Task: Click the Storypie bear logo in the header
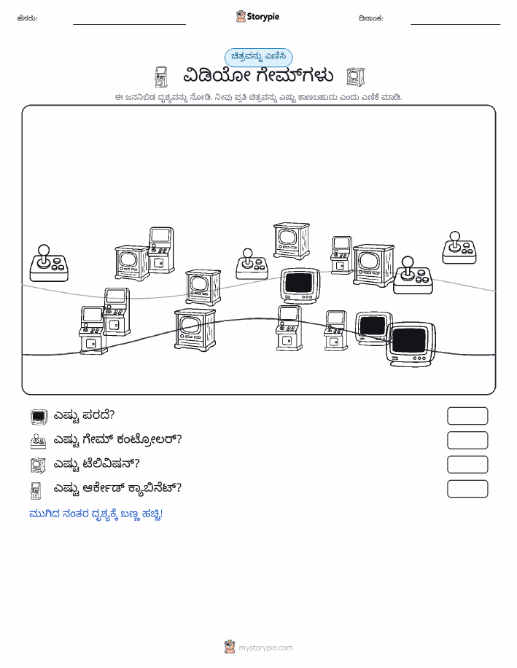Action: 241,16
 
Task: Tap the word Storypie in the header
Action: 263,17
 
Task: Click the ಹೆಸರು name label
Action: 27,18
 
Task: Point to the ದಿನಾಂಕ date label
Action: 370,18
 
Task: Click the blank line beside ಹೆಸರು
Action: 129,24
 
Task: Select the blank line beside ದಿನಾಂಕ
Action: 455,24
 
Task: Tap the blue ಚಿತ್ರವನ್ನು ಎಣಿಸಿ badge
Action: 258,57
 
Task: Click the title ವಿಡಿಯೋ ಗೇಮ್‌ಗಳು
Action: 258,76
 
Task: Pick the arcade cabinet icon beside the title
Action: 161,77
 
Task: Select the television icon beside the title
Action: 355,76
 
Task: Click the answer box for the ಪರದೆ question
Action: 467,416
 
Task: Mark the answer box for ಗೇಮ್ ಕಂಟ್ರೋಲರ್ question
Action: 467,440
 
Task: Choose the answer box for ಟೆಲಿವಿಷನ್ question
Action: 467,464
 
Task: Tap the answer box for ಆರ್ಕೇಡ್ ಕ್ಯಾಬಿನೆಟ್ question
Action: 467,489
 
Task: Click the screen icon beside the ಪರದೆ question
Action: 39,417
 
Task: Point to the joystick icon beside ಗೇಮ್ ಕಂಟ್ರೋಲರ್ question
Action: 39,441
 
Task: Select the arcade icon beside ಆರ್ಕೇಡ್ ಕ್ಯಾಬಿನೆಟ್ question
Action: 36,490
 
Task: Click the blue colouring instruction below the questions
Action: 96,514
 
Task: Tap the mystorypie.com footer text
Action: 265,648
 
